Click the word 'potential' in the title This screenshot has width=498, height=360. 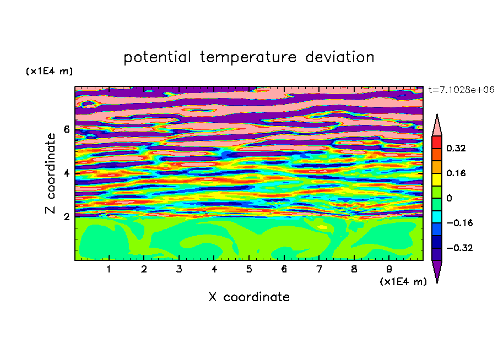tap(157, 58)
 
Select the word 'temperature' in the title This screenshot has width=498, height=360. tap(248, 58)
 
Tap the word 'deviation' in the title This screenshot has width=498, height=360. tap(340, 57)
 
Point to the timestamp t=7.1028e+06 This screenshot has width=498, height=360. tap(461, 90)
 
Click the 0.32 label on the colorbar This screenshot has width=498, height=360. tap(456, 148)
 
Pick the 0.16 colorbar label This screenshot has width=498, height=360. tap(456, 173)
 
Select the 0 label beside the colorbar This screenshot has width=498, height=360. tap(449, 198)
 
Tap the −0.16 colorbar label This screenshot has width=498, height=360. tap(459, 223)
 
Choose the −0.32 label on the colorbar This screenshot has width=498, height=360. tap(459, 248)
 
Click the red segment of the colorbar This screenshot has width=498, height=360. tap(437, 142)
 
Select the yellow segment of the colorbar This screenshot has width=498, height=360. tap(437, 179)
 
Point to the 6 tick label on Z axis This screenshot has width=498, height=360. tap(66, 129)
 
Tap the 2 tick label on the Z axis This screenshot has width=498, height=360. tap(66, 217)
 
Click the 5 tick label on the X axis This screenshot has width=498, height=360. tap(249, 269)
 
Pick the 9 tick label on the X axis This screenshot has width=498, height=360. tap(389, 269)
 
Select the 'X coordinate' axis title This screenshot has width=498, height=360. tap(249, 297)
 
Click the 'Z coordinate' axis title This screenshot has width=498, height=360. tap(51, 173)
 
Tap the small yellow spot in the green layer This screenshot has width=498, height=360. tap(323, 227)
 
